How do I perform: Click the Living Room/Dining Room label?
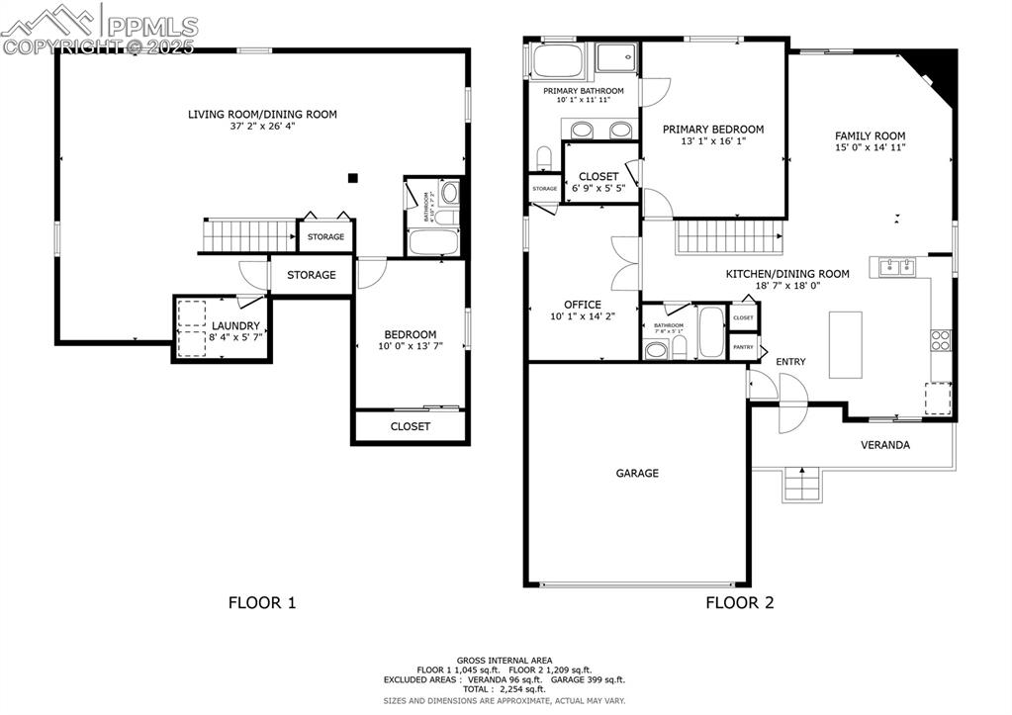coord(262,115)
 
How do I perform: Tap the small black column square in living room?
coord(352,178)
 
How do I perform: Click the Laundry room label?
coord(235,325)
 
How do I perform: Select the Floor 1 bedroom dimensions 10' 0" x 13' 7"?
coord(410,346)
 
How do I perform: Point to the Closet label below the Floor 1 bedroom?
coord(410,426)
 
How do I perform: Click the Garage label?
coord(637,474)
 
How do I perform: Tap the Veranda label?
coord(884,445)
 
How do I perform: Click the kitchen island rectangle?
coord(844,344)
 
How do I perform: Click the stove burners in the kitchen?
coord(940,340)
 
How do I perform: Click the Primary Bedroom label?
coord(712,130)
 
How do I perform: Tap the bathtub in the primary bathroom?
coord(562,61)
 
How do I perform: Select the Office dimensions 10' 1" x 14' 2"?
coord(583,317)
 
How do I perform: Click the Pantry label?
coord(743,348)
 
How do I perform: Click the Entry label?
coord(789,362)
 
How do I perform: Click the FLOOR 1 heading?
coord(262,602)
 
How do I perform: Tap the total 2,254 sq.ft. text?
coord(505,689)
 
